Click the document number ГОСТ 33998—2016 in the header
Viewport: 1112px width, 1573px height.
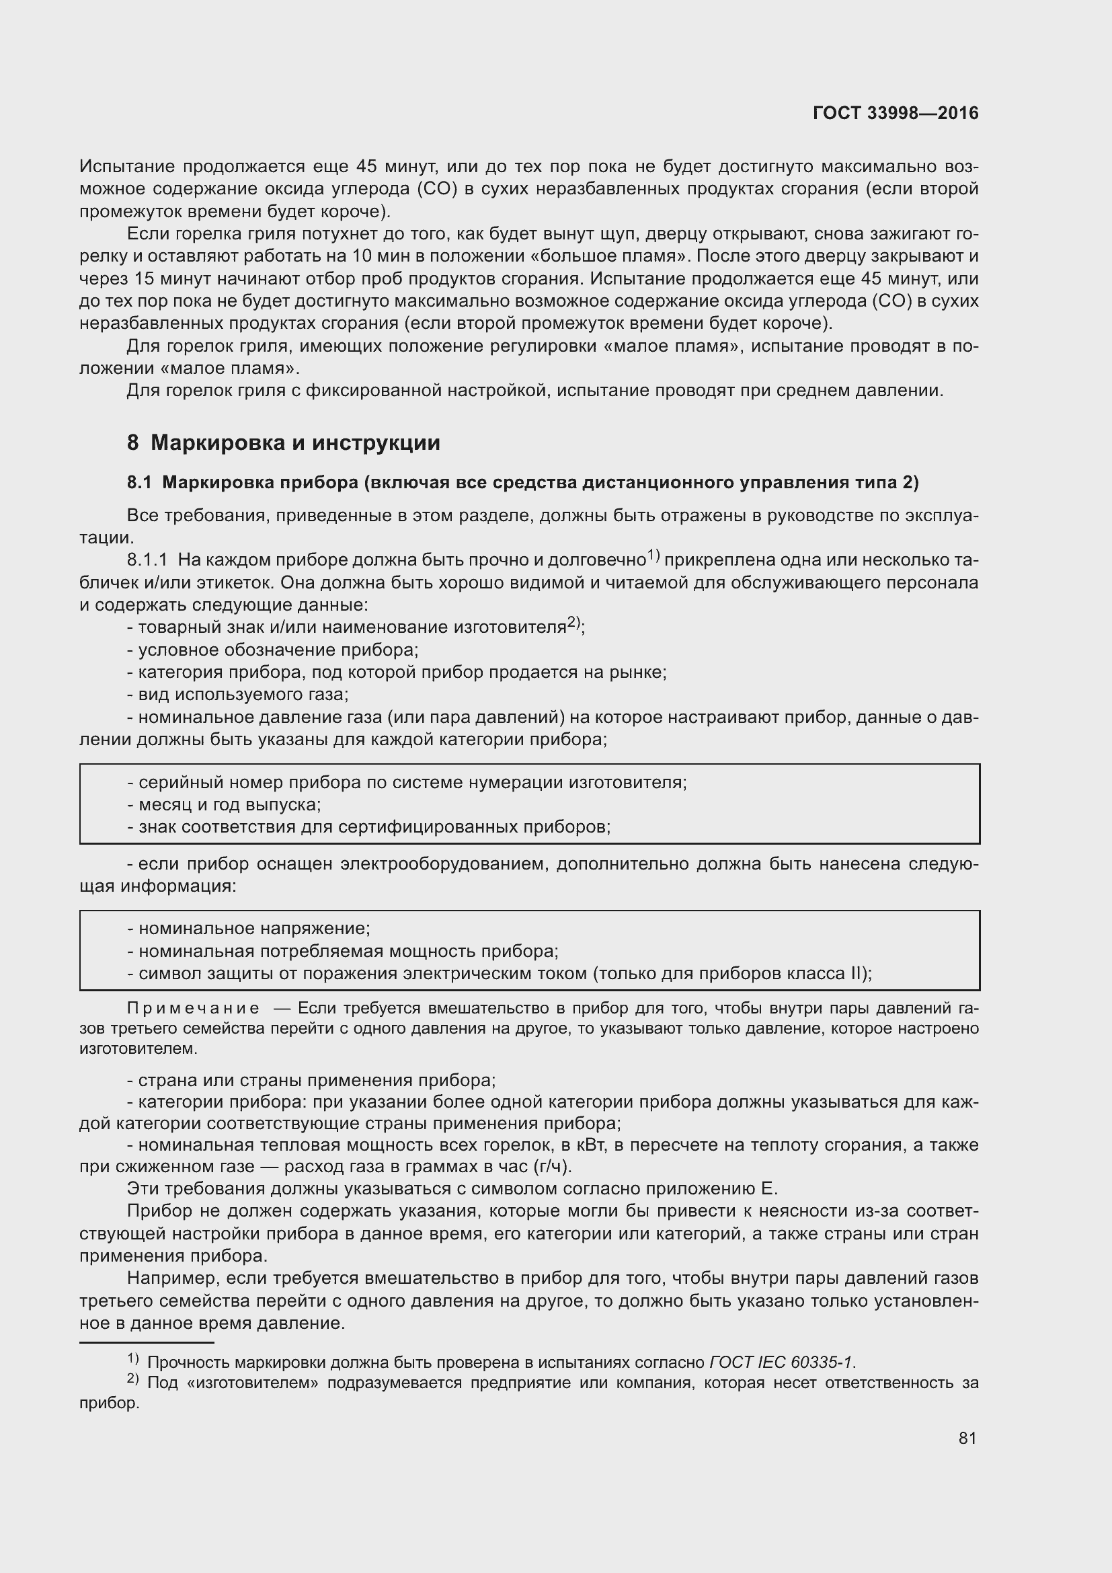coord(895,113)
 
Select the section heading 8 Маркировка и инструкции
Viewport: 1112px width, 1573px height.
coord(283,443)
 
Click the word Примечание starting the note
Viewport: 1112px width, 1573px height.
coord(193,1008)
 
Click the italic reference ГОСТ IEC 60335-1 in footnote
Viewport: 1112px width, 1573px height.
coord(781,1362)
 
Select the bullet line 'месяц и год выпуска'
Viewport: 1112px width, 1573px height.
coord(224,804)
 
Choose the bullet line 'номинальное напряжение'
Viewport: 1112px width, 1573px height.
coord(249,928)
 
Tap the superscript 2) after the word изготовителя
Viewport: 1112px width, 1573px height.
coord(573,623)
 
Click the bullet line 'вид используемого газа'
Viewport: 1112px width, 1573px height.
coord(238,695)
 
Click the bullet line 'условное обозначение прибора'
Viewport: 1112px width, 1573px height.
coord(272,650)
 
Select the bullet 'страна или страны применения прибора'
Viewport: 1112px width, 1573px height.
coord(311,1081)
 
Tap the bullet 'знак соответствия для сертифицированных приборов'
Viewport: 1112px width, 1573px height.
coord(369,827)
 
